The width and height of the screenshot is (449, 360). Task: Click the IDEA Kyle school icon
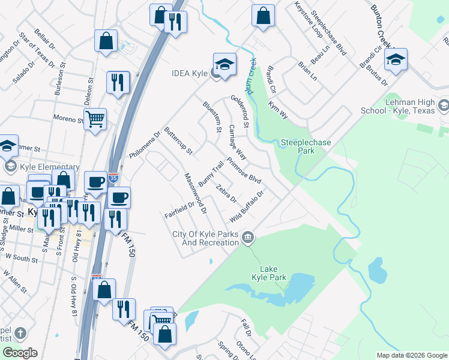224,64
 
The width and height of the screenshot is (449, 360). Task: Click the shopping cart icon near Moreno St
95,119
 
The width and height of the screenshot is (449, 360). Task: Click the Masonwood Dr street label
195,193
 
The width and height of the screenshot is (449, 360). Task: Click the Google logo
20,353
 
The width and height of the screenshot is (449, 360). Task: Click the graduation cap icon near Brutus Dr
396,59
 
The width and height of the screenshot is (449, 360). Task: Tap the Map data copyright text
412,355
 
